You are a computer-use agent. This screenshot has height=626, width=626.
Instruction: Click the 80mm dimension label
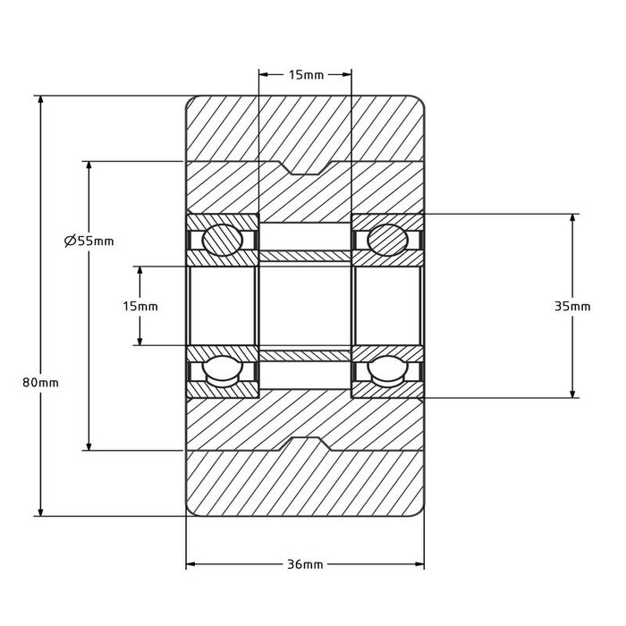pos(40,383)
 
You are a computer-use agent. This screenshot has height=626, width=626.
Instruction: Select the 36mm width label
pos(305,564)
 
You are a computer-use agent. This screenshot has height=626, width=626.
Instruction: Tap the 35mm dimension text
pos(572,306)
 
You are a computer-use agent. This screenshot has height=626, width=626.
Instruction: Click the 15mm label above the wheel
pos(306,74)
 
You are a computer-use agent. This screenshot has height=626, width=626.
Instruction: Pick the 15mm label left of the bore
pos(140,306)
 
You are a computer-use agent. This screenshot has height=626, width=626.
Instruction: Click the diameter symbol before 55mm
pos(70,241)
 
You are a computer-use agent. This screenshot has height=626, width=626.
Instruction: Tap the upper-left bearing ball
pos(223,240)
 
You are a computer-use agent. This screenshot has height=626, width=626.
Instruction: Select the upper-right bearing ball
pos(387,240)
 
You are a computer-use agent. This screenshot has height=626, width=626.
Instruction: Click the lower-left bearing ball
pos(223,371)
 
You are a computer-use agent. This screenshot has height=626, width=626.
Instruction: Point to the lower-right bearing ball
pos(387,371)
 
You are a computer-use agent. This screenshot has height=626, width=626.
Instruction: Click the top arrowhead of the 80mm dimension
pos(40,100)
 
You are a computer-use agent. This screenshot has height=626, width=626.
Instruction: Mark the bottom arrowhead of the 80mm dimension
pos(40,512)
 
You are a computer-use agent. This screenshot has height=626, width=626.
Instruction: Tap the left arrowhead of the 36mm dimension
pos(190,564)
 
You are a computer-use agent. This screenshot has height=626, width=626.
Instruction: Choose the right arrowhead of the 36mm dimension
pos(419,564)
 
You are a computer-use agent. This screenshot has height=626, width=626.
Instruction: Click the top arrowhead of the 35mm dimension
pos(572,218)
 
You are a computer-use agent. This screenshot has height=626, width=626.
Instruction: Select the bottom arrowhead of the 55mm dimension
pos(89,446)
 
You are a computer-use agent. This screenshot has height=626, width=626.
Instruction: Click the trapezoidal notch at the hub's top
pos(306,168)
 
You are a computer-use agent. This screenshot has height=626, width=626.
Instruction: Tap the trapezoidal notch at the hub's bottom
pos(306,444)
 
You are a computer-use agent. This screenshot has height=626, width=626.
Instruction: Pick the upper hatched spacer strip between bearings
pos(306,256)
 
